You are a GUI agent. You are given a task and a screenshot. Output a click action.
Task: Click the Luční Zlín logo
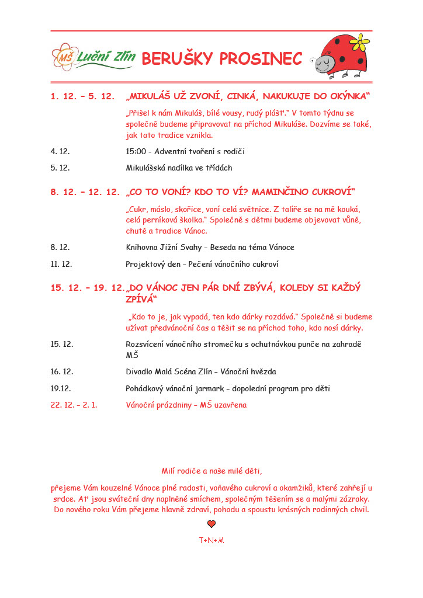93,57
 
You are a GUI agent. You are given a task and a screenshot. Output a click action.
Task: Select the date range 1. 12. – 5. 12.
82,96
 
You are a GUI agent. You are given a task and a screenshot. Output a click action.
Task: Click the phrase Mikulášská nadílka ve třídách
179,168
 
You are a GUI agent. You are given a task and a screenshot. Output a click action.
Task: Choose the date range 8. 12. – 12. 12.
85,192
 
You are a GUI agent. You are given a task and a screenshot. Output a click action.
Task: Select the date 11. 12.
61,264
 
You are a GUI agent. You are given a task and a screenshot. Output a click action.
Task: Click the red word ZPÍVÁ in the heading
141,300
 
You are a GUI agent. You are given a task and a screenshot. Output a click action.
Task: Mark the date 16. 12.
61,371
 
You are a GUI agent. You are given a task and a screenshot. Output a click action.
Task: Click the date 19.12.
61,388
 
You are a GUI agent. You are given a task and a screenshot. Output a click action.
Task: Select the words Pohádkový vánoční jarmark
178,388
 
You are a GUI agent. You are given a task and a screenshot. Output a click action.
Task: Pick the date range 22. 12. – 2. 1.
74,405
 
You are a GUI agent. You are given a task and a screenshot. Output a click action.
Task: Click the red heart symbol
211,524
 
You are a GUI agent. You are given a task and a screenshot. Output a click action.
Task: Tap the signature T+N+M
211,540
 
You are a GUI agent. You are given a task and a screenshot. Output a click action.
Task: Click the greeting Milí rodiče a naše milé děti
211,471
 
